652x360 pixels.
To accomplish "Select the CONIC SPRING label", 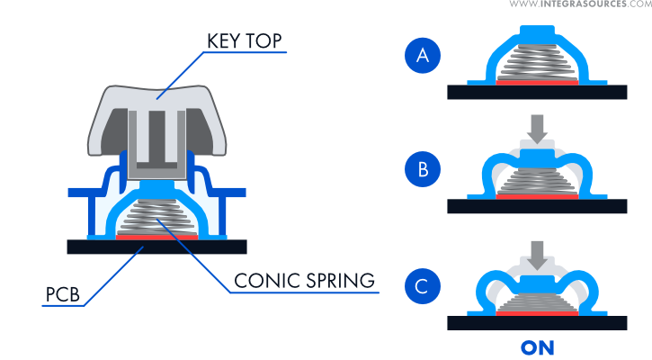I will pos(303,280).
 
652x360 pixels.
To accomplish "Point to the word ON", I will pos(537,347).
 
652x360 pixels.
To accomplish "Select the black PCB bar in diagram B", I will pos(537,205).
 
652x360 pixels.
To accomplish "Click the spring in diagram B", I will pos(537,180).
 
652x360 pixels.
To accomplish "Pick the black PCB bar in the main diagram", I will pos(157,246).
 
